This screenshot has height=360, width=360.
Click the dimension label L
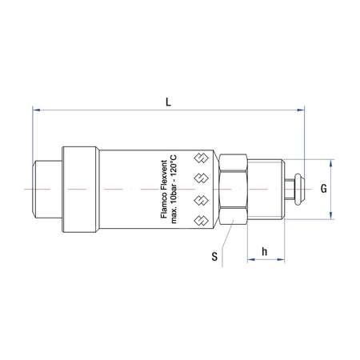click(168, 102)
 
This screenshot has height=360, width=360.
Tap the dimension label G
click(323, 189)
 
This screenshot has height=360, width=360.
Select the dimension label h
click(264, 251)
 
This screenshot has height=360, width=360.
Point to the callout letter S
click(214, 256)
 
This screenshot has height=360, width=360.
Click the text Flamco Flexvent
click(164, 190)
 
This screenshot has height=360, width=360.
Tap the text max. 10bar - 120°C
click(174, 189)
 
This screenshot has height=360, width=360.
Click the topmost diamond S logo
click(201, 158)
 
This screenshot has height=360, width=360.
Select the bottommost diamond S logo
click(201, 221)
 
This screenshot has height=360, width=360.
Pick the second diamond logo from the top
click(201, 178)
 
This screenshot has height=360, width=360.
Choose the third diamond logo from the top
click(201, 200)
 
